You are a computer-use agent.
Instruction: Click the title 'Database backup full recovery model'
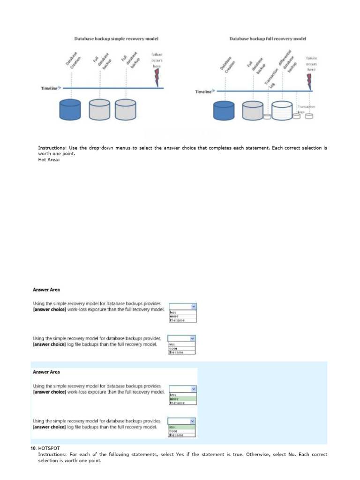[x=268, y=38]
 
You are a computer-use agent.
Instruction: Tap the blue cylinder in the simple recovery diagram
[x=70, y=109]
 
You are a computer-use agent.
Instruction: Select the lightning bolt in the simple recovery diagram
[x=157, y=79]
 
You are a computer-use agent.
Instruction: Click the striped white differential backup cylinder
[x=282, y=111]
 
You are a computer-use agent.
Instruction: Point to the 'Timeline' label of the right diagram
[x=203, y=92]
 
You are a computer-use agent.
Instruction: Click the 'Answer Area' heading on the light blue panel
[x=46, y=372]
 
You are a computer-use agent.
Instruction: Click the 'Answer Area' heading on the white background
[x=46, y=290]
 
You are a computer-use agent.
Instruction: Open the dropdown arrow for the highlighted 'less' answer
[x=193, y=421]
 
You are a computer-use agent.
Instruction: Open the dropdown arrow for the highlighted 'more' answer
[x=194, y=389]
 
